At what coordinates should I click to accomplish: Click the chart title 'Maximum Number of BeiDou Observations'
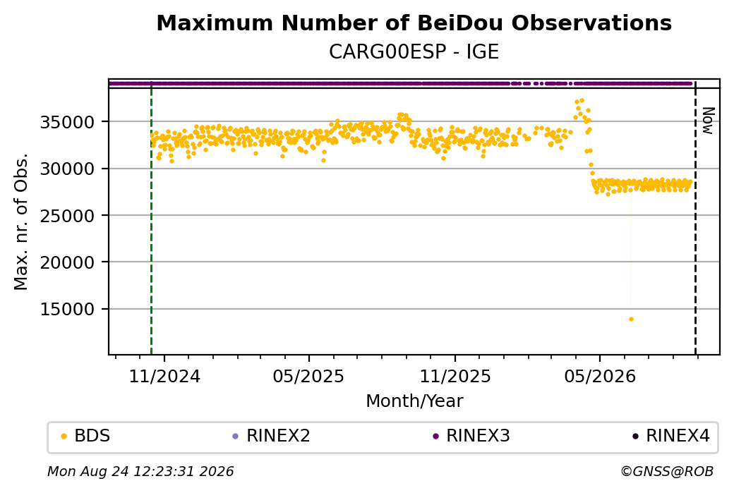(414, 23)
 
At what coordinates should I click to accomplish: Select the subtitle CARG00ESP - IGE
(414, 52)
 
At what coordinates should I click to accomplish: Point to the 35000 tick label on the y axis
(68, 122)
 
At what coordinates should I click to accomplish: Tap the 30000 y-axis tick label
(68, 169)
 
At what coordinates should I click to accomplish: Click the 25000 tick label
(68, 216)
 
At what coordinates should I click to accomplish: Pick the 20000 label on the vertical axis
(68, 262)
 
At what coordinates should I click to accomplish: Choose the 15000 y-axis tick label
(68, 309)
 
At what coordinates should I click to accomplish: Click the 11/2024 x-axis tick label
(164, 377)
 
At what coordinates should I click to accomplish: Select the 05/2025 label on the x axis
(308, 377)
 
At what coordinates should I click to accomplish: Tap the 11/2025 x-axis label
(455, 377)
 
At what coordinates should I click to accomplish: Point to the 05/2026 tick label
(600, 377)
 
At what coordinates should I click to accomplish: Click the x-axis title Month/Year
(414, 401)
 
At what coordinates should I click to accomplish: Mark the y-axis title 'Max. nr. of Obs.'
(21, 221)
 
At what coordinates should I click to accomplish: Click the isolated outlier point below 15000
(631, 319)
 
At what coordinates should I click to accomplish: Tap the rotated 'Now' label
(709, 121)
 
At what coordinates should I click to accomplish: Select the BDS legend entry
(86, 436)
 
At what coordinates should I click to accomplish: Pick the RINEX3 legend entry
(471, 436)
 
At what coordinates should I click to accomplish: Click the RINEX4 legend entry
(671, 436)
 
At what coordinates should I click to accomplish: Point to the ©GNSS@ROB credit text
(667, 471)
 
